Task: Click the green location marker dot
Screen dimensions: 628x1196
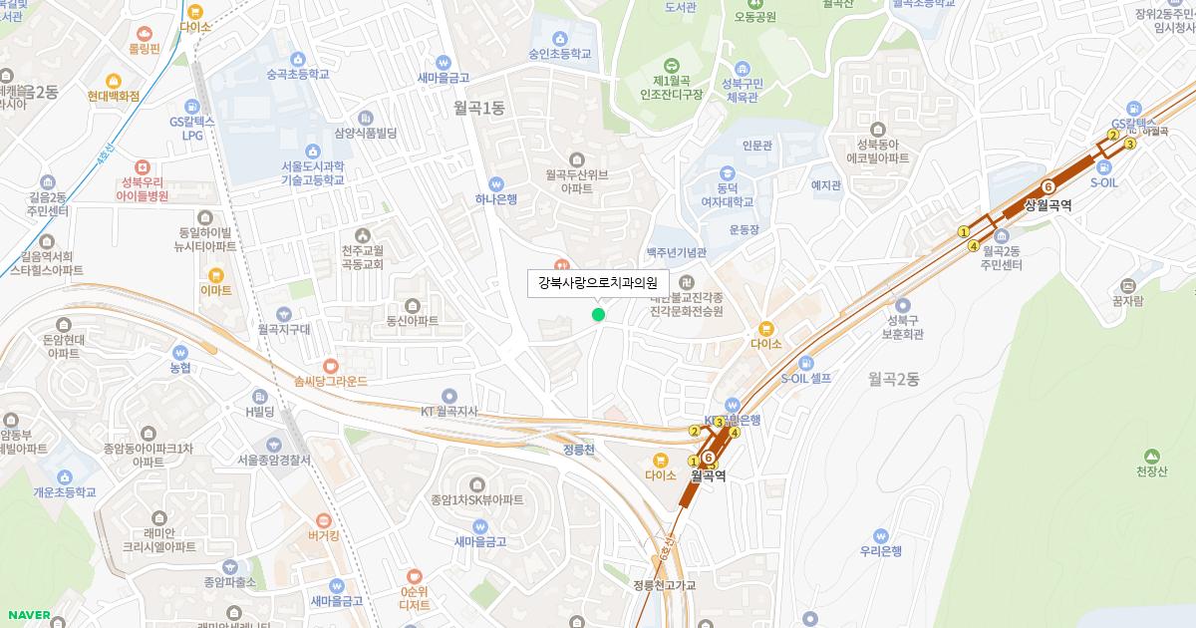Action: pyautogui.click(x=598, y=315)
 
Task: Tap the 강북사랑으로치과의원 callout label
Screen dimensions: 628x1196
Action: pyautogui.click(x=598, y=283)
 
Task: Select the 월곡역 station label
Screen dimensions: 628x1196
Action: pyautogui.click(x=708, y=476)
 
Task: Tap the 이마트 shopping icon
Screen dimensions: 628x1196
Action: pyautogui.click(x=215, y=275)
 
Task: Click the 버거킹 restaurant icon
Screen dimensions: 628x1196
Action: pyautogui.click(x=324, y=520)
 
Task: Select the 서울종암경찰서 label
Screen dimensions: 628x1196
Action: pyautogui.click(x=274, y=461)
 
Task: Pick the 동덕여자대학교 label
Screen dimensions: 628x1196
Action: pyautogui.click(x=720, y=194)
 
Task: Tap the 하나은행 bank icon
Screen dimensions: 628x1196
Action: pyautogui.click(x=496, y=183)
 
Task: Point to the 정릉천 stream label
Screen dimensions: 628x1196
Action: pyautogui.click(x=578, y=450)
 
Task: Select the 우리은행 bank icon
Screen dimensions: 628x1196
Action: pyautogui.click(x=880, y=535)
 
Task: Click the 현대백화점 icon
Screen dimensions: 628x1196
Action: pyautogui.click(x=114, y=81)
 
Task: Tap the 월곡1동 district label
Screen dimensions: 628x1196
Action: pyautogui.click(x=479, y=109)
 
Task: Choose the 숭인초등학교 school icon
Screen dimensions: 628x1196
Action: pyautogui.click(x=560, y=38)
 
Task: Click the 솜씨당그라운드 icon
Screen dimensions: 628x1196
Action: pyautogui.click(x=331, y=366)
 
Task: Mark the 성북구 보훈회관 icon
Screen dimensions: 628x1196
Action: pyautogui.click(x=903, y=305)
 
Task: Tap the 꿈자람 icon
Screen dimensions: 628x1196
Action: pyautogui.click(x=1127, y=285)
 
